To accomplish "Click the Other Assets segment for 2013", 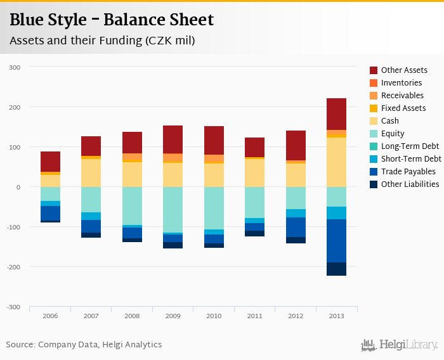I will (336, 114).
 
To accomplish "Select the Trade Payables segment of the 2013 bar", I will (336, 241).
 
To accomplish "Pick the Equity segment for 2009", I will (173, 210).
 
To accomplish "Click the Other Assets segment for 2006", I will (50, 162).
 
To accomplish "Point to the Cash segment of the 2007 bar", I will (91, 173).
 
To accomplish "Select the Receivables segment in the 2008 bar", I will (132, 158).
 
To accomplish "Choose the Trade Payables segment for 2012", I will (296, 228).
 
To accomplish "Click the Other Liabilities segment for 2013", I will (336, 269).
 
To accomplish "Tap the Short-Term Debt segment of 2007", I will (91, 216).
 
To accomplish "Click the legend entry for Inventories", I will (401, 83).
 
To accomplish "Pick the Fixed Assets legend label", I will (403, 108).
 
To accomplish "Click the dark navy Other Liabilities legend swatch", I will (374, 184).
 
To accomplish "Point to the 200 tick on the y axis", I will (15, 107).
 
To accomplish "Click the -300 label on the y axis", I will (13, 307).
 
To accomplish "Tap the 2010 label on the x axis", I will (214, 315).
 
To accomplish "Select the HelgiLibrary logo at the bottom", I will (399, 345).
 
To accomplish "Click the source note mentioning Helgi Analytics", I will (84, 345).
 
